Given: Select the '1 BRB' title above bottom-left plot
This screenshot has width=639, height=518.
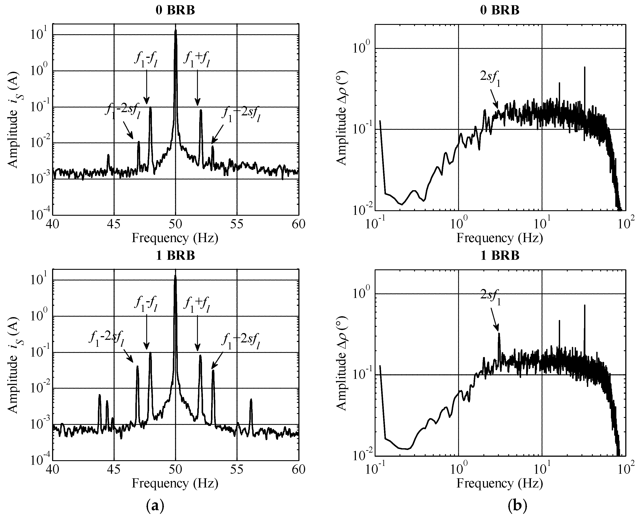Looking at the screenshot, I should pyautogui.click(x=175, y=255).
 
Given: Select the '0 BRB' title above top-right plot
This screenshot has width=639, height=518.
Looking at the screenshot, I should pyautogui.click(x=500, y=10).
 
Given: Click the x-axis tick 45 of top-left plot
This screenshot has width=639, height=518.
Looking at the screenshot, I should pyautogui.click(x=114, y=224).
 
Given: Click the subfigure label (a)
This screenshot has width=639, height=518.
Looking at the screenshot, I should pyautogui.click(x=155, y=506).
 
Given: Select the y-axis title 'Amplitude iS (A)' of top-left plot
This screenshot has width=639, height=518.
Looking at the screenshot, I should pyautogui.click(x=12, y=119).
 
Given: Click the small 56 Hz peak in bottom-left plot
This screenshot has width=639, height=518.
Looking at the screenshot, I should pyautogui.click(x=251, y=401).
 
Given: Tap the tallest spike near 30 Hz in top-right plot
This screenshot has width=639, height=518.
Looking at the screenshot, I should pyautogui.click(x=585, y=69).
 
